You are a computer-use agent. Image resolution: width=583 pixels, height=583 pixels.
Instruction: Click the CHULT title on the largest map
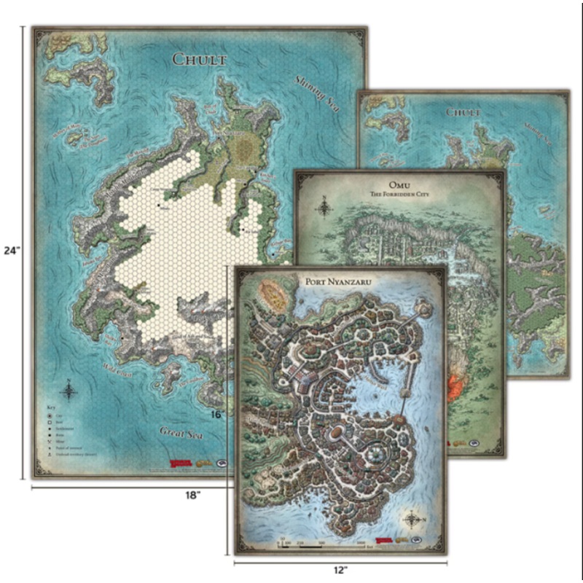(200, 59)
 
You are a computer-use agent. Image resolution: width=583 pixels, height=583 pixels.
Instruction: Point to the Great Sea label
(181, 435)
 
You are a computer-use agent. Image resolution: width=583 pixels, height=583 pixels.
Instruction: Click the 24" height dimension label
(12, 250)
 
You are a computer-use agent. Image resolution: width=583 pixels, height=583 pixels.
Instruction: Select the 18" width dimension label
(192, 495)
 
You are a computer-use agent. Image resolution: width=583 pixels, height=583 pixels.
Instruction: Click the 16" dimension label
(216, 414)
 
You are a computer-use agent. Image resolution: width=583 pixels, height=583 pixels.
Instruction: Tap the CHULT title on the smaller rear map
(462, 113)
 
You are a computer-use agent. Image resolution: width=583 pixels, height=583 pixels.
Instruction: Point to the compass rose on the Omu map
(322, 207)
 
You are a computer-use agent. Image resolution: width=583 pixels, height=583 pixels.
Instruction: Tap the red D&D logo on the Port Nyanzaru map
(384, 540)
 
